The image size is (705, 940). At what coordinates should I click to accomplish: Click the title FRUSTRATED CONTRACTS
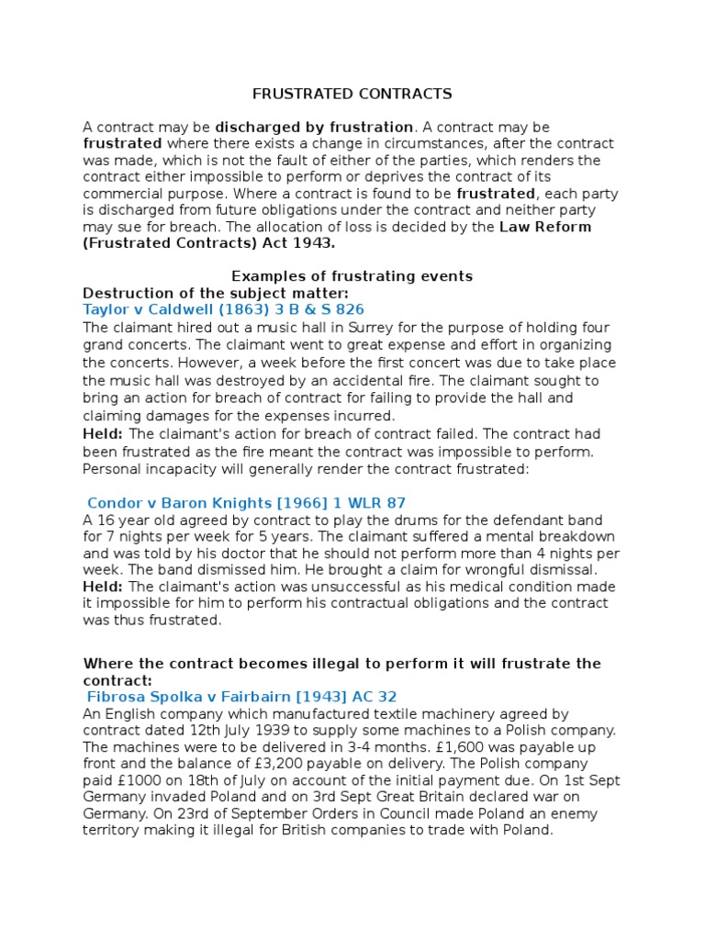click(352, 94)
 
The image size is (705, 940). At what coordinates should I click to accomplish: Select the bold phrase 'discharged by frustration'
click(314, 127)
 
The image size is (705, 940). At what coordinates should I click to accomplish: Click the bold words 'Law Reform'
click(545, 227)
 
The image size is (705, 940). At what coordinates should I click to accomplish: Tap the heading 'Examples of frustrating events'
click(352, 276)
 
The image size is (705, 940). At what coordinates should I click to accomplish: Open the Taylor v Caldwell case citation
click(224, 309)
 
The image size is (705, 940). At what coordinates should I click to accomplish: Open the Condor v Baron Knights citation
click(246, 503)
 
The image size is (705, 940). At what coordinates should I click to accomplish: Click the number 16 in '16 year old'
click(104, 520)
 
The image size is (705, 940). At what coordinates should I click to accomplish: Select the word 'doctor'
click(259, 554)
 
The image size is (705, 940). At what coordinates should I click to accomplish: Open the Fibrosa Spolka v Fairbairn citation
click(242, 697)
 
